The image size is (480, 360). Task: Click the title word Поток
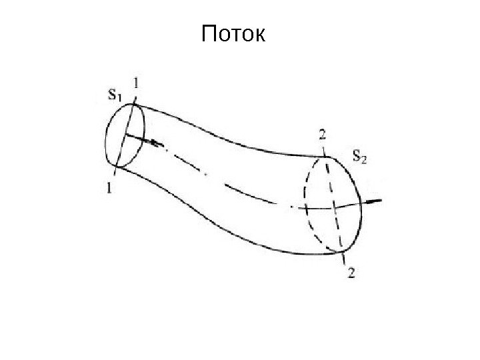pos(233,33)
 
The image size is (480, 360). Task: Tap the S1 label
pos(115,95)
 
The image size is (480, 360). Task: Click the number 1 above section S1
pos(137,83)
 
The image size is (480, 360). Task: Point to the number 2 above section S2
pos(322,135)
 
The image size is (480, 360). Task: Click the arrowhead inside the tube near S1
pos(156,143)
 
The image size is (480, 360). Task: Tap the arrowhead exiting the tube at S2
pos(377,201)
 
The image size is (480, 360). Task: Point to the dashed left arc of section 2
pos(305,200)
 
